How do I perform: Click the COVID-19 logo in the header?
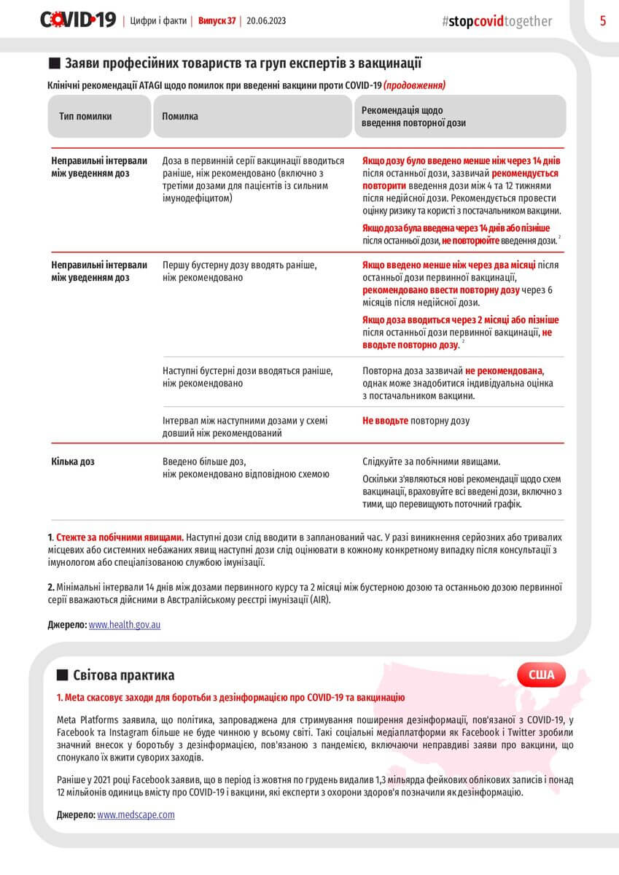tap(78, 20)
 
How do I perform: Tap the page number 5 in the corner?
tap(603, 20)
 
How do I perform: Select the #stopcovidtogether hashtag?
tap(497, 21)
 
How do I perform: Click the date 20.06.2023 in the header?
tap(266, 20)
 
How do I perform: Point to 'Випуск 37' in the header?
tap(217, 20)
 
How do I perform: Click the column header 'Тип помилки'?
tap(85, 117)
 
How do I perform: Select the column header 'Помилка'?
tap(180, 117)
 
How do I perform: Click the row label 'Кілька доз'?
tap(73, 462)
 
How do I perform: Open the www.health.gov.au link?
tap(125, 625)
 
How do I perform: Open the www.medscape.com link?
tap(136, 814)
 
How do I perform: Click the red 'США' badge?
tap(541, 674)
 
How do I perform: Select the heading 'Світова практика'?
tap(123, 675)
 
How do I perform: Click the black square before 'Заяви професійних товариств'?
tap(53, 63)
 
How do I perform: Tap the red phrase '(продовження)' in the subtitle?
tap(415, 85)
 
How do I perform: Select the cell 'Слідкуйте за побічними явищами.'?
tap(431, 462)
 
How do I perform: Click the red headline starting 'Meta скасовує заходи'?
tap(230, 698)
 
